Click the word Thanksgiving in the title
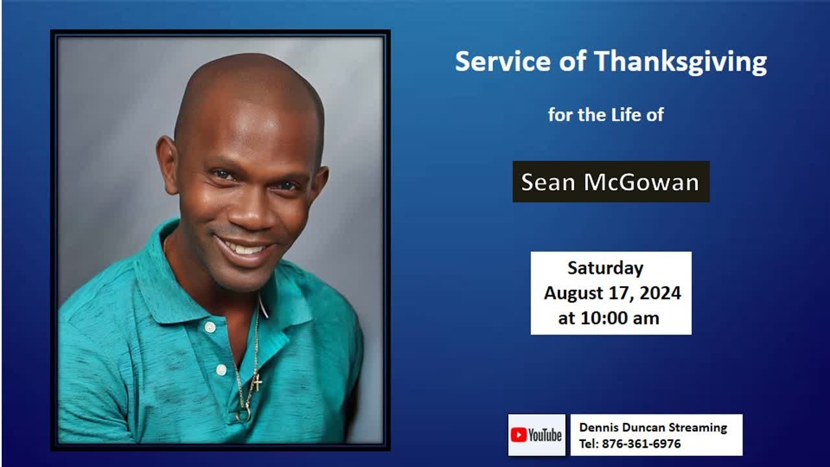[680, 62]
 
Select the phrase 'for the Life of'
[606, 115]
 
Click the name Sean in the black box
[549, 182]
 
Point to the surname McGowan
[641, 182]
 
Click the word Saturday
[606, 268]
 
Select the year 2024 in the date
[660, 293]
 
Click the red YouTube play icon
[518, 435]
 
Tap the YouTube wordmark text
[545, 435]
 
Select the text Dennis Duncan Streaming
[653, 427]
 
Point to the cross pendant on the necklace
[257, 382]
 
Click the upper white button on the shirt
[209, 328]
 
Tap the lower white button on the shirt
[221, 370]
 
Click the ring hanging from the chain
[243, 414]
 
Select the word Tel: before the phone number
[589, 444]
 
